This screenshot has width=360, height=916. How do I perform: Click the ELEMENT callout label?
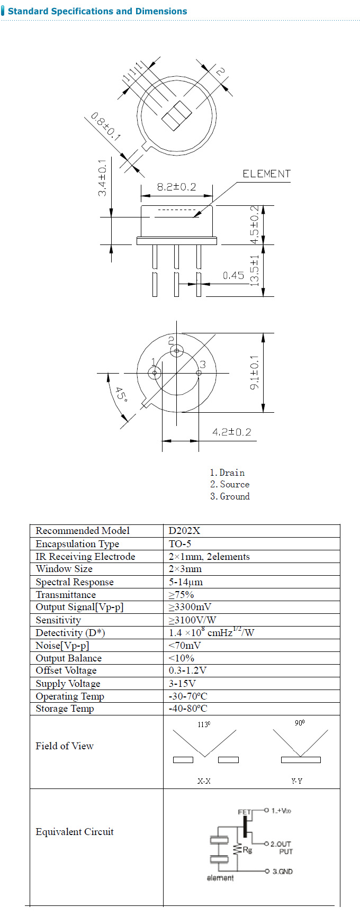click(266, 174)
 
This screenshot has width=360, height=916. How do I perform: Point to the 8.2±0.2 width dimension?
click(176, 187)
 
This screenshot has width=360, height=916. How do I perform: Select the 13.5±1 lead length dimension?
click(255, 270)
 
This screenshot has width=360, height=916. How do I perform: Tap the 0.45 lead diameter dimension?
click(233, 275)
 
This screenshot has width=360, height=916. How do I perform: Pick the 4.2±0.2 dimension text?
click(232, 432)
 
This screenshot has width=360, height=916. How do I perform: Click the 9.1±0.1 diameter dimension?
click(255, 373)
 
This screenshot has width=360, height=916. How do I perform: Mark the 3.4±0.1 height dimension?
click(102, 178)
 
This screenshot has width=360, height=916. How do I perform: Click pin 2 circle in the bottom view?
click(177, 350)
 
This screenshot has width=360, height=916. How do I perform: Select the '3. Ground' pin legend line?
click(230, 496)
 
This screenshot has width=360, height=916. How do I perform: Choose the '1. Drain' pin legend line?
click(227, 473)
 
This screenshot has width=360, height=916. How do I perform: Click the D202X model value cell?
click(185, 531)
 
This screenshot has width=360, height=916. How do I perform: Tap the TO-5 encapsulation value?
click(180, 544)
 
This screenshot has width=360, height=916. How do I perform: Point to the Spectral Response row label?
click(75, 582)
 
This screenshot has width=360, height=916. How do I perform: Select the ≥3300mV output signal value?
click(190, 607)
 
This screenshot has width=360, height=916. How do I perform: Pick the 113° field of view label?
click(204, 724)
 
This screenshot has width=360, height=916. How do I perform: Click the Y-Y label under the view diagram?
click(296, 781)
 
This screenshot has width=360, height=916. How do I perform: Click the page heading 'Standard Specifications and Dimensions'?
click(97, 11)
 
